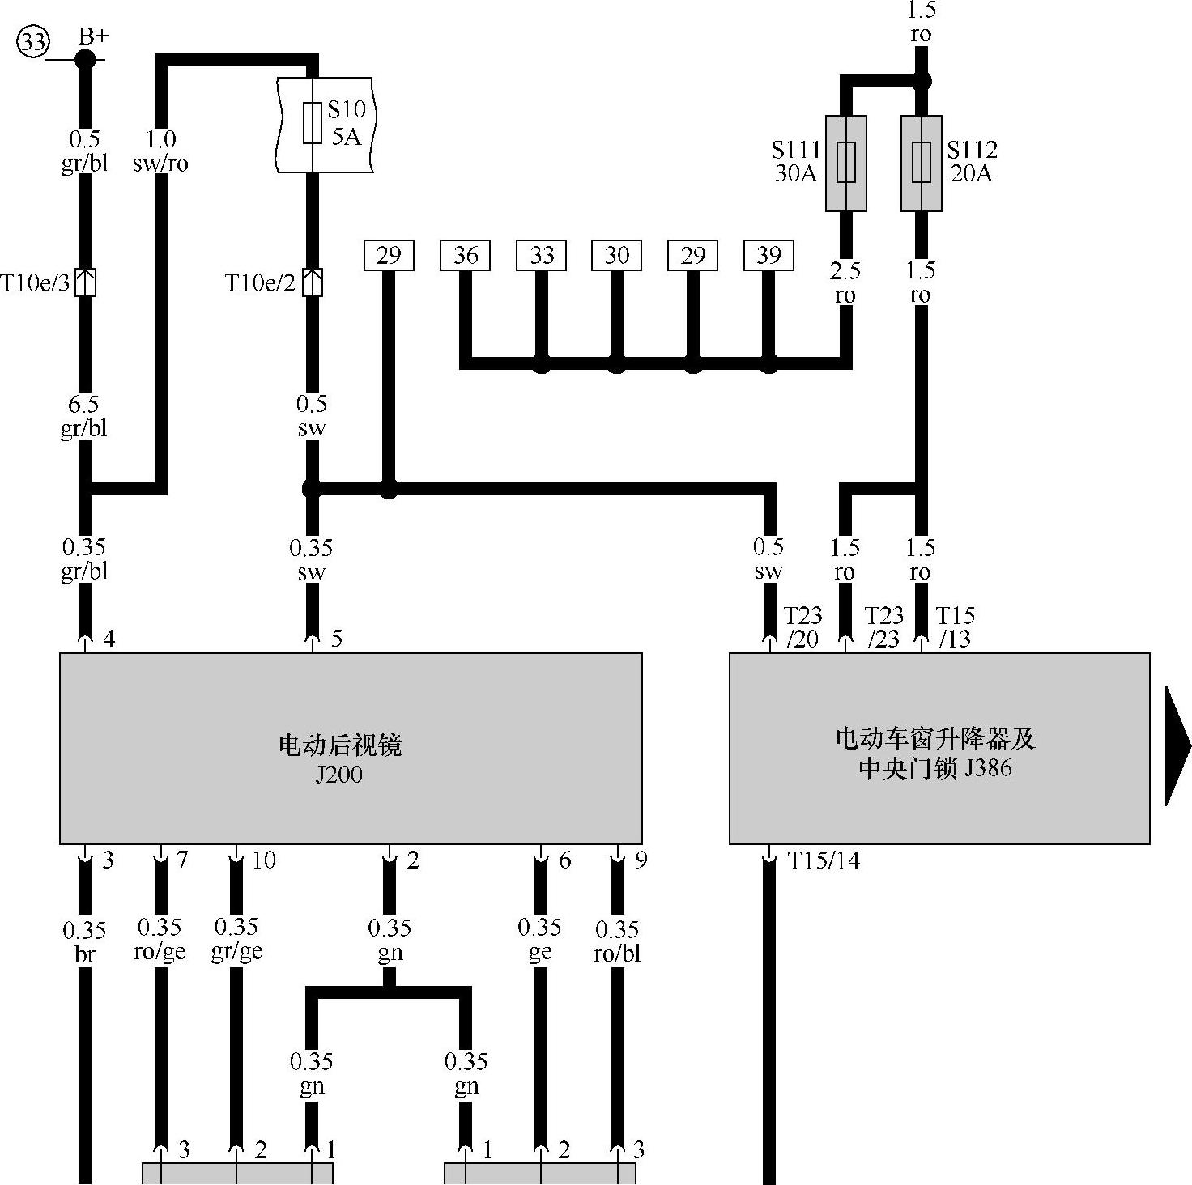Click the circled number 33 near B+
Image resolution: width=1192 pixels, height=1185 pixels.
33,41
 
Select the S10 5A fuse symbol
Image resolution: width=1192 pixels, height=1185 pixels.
313,124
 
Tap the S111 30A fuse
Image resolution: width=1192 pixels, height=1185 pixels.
845,163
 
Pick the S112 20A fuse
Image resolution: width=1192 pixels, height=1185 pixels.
922,163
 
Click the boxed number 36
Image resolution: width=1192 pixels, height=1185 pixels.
466,256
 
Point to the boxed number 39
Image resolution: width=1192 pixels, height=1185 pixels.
768,256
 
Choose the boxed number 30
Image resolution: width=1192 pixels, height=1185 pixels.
616,256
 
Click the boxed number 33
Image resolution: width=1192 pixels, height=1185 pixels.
541,256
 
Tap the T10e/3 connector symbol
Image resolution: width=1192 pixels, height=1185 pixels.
86,282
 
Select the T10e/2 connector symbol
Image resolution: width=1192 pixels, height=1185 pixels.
313,282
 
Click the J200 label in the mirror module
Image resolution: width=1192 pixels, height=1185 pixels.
338,775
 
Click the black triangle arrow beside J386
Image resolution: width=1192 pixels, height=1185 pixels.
1177,746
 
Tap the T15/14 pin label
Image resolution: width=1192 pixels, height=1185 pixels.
824,860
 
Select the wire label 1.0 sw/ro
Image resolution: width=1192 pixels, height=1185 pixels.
160,151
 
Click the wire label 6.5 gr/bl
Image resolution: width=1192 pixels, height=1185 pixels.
84,416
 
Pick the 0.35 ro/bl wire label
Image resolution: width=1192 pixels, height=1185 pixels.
617,941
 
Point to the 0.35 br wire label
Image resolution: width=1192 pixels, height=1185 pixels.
84,942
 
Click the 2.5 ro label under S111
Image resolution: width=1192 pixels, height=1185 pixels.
845,282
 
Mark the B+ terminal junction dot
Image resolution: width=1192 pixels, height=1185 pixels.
85,59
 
